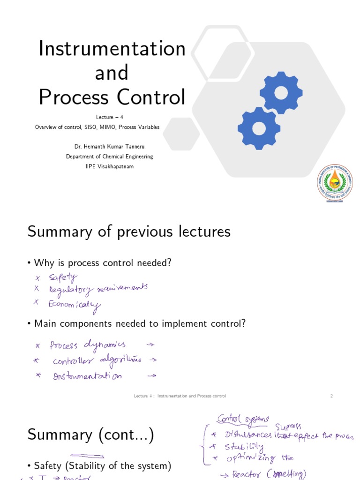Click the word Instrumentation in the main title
point(112,48)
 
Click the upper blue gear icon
point(281,92)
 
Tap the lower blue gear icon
point(259,128)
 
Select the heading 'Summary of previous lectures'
point(129,231)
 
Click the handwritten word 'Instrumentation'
point(88,375)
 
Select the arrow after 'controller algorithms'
point(152,360)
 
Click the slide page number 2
point(331,396)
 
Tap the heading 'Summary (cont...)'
point(90,435)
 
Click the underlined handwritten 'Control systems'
point(242,419)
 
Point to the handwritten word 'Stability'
point(243,447)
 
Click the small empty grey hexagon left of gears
point(181,134)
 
